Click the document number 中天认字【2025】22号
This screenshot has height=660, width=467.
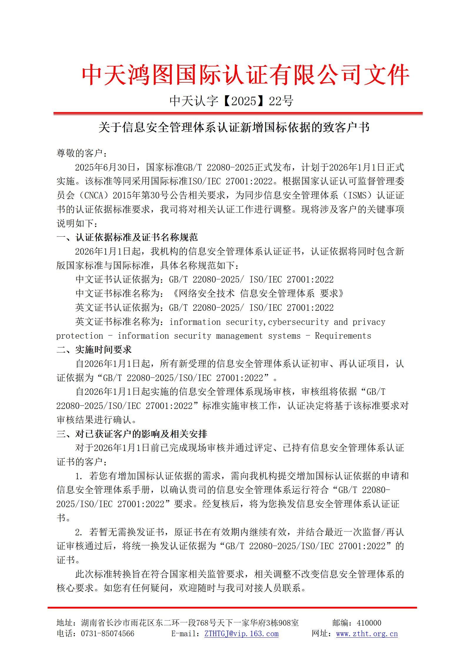coord(231,101)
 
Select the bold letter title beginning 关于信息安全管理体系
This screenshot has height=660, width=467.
coord(234,128)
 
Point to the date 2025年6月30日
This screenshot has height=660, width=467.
coord(105,167)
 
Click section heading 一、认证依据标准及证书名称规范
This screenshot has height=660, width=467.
coord(127,237)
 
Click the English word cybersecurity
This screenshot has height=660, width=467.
coord(298,322)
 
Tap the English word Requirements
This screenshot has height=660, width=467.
coord(343,336)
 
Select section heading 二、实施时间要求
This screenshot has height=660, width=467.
coord(94,350)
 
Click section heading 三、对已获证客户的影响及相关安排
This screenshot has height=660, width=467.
coord(132,434)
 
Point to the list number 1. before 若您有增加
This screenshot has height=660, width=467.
coord(79,476)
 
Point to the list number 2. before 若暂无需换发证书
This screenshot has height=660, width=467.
coord(79,532)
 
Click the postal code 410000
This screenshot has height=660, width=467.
coord(369,623)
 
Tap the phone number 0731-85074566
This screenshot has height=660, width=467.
coord(107,634)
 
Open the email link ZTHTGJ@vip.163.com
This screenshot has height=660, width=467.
coord(241,634)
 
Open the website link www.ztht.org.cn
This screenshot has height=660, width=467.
coord(367,634)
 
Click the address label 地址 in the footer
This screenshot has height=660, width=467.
coord(64,623)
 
